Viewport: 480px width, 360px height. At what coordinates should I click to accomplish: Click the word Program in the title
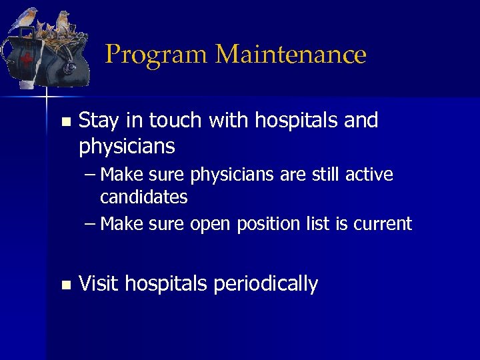pyautogui.click(x=157, y=55)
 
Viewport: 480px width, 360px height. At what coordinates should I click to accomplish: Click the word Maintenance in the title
pyautogui.click(x=291, y=54)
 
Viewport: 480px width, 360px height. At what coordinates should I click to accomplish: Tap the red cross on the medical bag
pyautogui.click(x=27, y=59)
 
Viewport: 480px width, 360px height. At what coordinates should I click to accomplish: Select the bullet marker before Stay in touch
pyautogui.click(x=65, y=122)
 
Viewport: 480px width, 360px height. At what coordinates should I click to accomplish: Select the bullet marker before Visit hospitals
pyautogui.click(x=65, y=285)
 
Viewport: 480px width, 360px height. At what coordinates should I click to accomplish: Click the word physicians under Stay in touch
pyautogui.click(x=127, y=145)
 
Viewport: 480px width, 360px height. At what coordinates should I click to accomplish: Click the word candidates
pyautogui.click(x=143, y=197)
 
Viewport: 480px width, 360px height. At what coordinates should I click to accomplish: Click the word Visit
pyautogui.click(x=99, y=284)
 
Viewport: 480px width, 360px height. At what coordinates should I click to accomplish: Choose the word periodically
pyautogui.click(x=265, y=285)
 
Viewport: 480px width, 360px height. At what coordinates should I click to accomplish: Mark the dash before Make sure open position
pyautogui.click(x=91, y=224)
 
